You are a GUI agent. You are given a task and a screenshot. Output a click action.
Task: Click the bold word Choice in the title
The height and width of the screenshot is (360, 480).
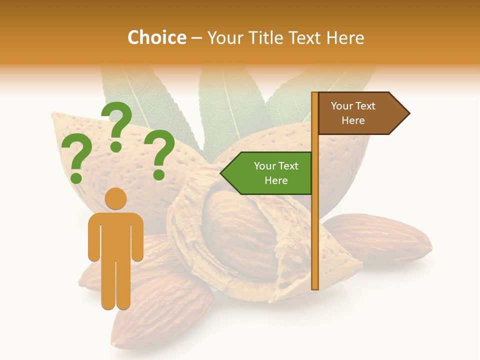156,38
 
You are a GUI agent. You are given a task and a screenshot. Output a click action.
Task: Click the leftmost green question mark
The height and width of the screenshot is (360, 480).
76,159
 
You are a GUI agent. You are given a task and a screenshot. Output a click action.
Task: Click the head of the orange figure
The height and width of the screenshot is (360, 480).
115,198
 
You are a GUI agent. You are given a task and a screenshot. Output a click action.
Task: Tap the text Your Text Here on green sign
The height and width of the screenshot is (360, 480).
276,173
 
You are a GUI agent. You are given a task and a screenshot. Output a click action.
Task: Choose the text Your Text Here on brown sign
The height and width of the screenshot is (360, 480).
353,113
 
